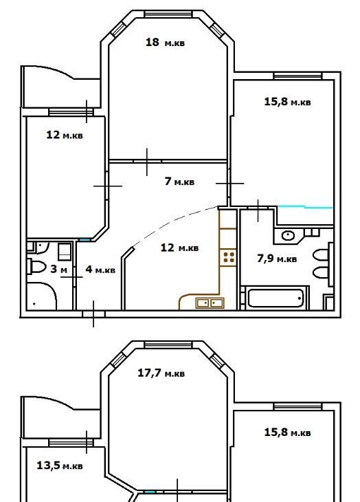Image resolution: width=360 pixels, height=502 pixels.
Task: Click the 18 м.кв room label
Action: (x=165, y=42)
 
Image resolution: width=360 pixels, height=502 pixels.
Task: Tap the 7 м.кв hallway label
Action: (x=179, y=182)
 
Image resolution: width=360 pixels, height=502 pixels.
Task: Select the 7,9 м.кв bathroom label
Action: (x=277, y=258)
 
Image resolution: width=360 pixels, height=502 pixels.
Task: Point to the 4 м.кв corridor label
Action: (x=100, y=270)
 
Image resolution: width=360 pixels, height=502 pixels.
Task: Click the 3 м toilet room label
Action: (x=59, y=270)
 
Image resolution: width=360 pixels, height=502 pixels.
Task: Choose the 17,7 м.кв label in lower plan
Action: (x=161, y=373)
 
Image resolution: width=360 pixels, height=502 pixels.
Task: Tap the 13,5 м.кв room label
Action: (x=60, y=465)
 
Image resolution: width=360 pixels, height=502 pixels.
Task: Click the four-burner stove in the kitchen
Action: (x=229, y=257)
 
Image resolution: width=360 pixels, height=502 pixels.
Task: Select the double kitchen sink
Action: (x=210, y=303)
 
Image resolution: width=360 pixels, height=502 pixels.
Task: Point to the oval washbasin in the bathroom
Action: (x=288, y=236)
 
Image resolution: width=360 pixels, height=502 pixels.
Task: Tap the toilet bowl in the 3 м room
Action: (x=37, y=267)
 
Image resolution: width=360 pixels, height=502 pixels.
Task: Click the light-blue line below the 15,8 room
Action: (x=305, y=207)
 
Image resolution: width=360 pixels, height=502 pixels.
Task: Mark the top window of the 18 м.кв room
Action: (x=168, y=14)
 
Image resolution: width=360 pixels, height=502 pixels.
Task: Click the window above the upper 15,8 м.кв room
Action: (x=297, y=76)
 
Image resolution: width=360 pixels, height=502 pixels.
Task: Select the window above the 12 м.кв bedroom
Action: (x=71, y=112)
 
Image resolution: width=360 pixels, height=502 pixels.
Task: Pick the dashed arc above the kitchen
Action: (x=175, y=224)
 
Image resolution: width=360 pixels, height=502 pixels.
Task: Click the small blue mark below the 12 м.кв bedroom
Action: (x=85, y=239)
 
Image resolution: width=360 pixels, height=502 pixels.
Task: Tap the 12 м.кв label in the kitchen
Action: (x=179, y=248)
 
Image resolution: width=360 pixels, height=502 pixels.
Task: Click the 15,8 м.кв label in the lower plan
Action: (x=287, y=433)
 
